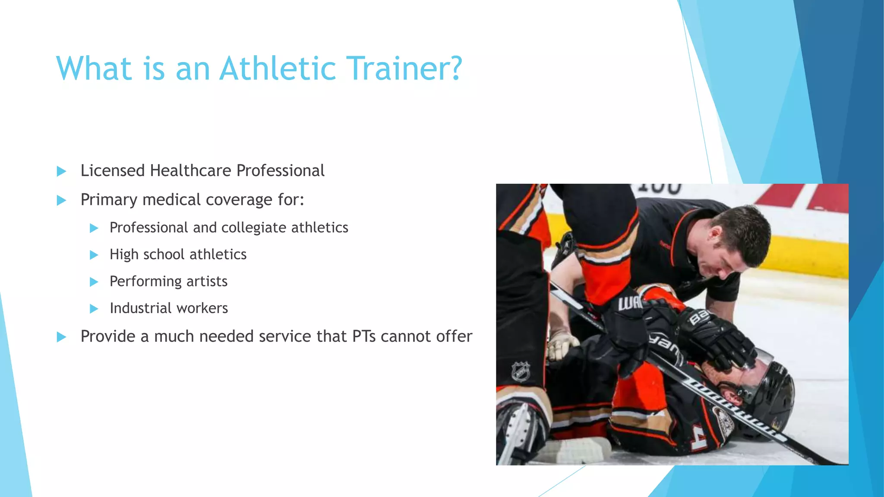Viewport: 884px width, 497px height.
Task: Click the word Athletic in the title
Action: (x=278, y=69)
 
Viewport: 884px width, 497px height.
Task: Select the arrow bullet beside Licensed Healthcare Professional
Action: (x=61, y=172)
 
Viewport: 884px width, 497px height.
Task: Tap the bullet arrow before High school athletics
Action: (x=94, y=255)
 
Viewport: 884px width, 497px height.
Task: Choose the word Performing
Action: (x=145, y=282)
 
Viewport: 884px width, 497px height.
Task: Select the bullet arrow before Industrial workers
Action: (x=94, y=309)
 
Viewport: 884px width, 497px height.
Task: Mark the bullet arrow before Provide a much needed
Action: (x=61, y=337)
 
